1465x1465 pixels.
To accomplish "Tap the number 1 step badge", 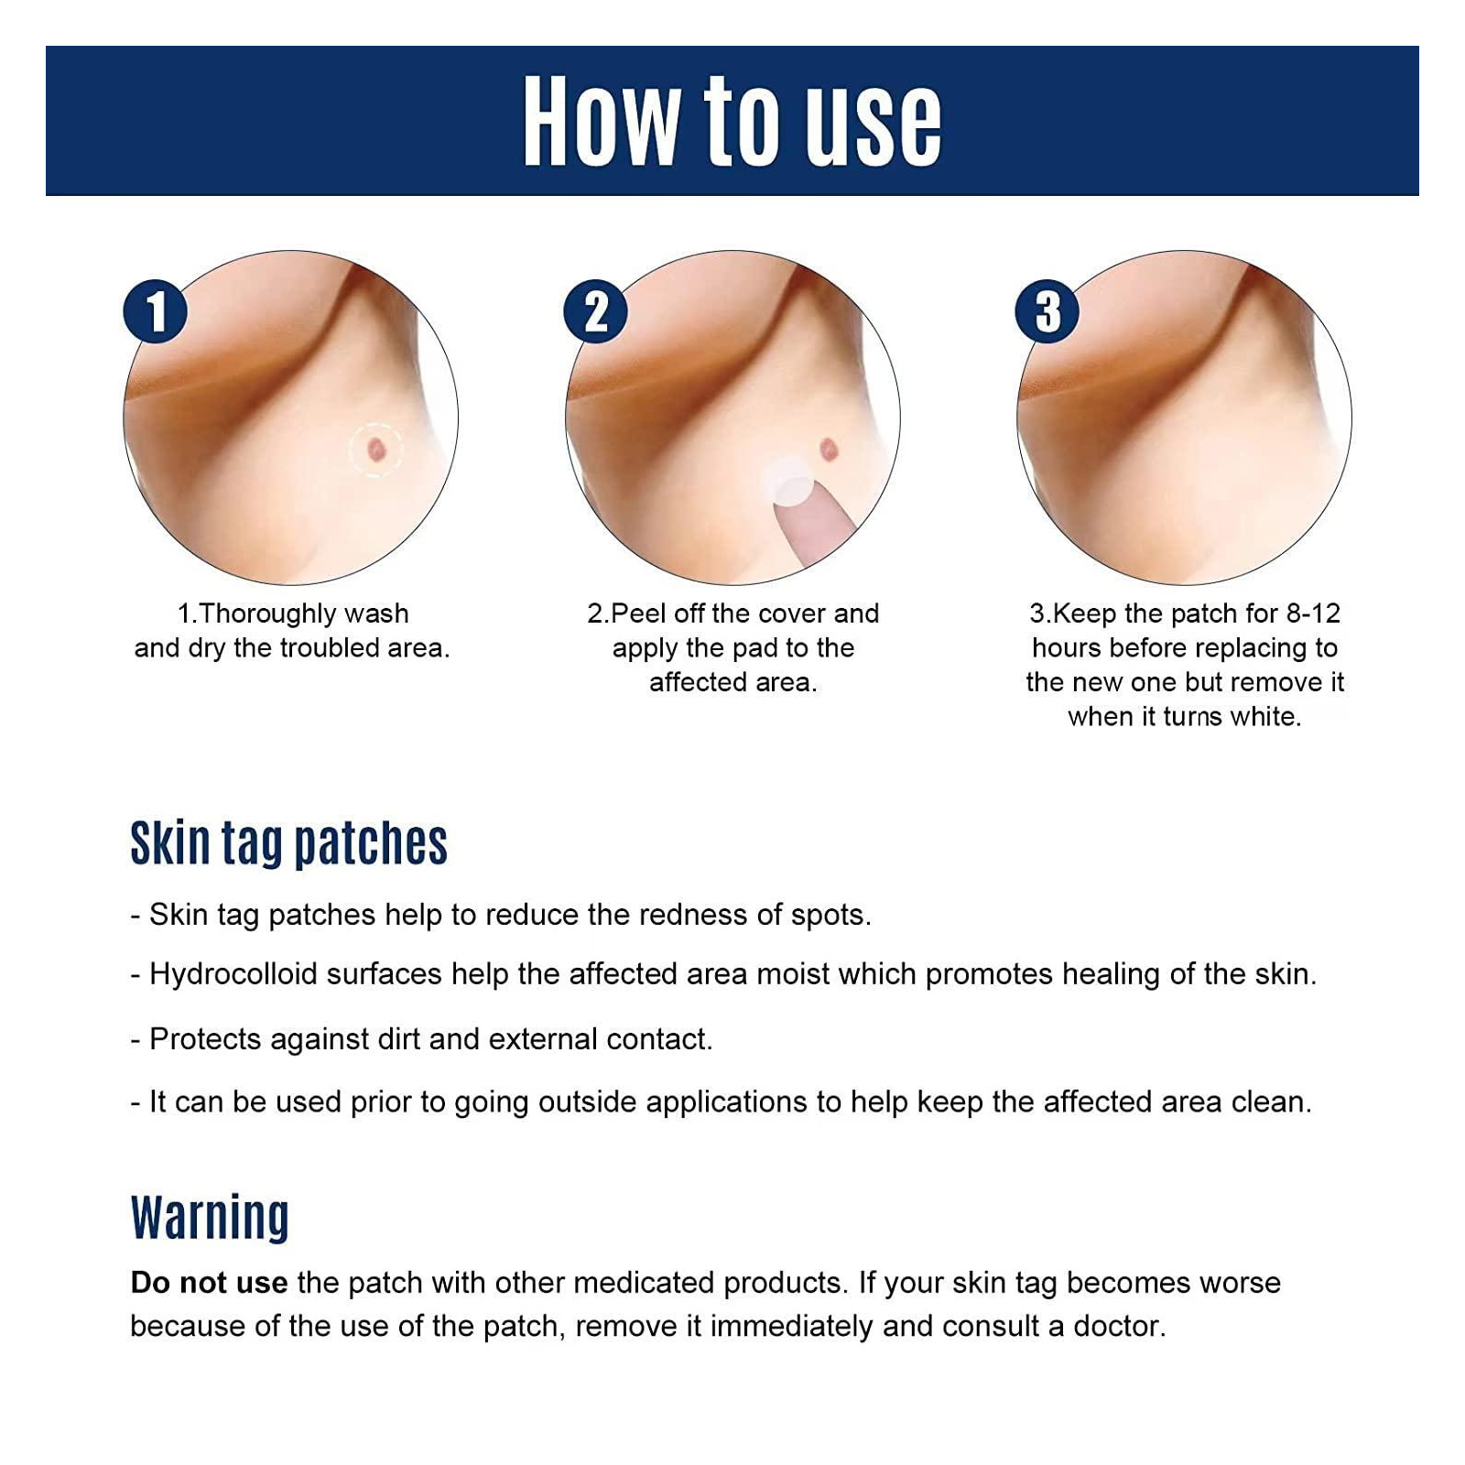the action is (x=156, y=311).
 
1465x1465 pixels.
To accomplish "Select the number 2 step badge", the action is (x=596, y=311).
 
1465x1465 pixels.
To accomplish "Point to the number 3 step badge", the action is (x=1047, y=311).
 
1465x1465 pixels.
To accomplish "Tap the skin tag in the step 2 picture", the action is (x=829, y=449).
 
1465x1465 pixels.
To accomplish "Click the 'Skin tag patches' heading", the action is (x=288, y=843).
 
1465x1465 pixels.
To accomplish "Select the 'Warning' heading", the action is (x=210, y=1217).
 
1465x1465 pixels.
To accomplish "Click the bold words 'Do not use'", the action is (x=209, y=1283).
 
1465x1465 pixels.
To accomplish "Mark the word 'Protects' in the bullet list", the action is (x=205, y=1039).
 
